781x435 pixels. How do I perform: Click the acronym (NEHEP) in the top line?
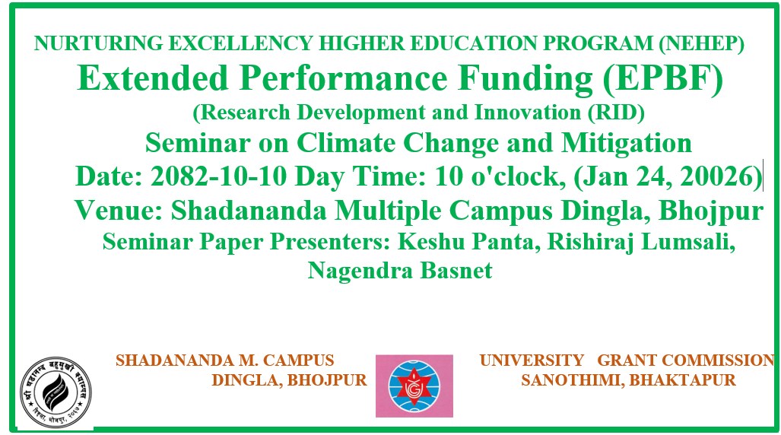[701, 43]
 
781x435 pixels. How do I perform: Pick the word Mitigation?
[627, 144]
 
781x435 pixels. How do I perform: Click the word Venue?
[119, 210]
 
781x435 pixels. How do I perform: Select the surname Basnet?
[456, 271]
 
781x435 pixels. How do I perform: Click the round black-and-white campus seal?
[56, 392]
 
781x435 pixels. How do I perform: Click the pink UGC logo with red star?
[414, 386]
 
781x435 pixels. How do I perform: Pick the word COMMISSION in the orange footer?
[718, 360]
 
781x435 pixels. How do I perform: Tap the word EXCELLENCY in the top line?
[240, 43]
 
